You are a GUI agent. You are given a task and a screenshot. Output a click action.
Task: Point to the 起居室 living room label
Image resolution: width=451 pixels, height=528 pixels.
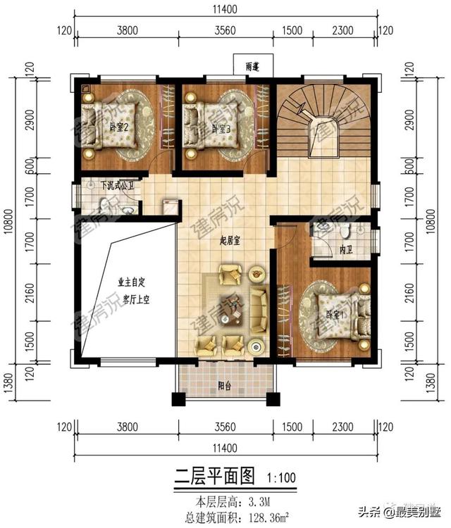click(x=230, y=241)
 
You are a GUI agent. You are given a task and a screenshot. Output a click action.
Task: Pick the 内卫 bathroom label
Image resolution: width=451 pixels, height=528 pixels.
click(x=345, y=250)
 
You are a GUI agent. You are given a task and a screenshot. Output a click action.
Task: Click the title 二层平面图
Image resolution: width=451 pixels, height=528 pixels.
click(x=213, y=476)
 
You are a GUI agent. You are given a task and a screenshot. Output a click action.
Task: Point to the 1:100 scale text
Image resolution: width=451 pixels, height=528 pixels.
click(x=281, y=478)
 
